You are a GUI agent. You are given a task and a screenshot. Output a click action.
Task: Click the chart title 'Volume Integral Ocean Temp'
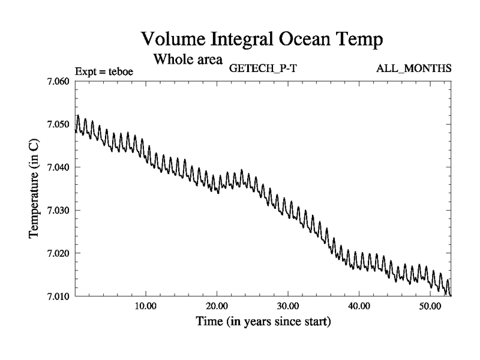262,40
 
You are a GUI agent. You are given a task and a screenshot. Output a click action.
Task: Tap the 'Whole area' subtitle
188,59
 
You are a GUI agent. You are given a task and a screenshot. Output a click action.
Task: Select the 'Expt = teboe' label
104,71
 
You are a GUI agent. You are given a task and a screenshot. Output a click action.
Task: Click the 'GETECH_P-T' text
263,68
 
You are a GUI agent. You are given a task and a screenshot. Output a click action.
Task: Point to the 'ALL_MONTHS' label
414,68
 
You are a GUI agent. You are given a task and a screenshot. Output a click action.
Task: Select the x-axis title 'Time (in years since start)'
263,322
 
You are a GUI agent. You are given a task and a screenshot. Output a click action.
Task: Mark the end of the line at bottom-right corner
451,295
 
